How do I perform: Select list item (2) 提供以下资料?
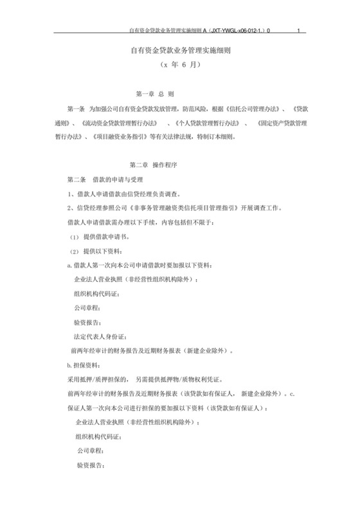tap(99, 250)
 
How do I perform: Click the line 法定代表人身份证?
tap(104, 337)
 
